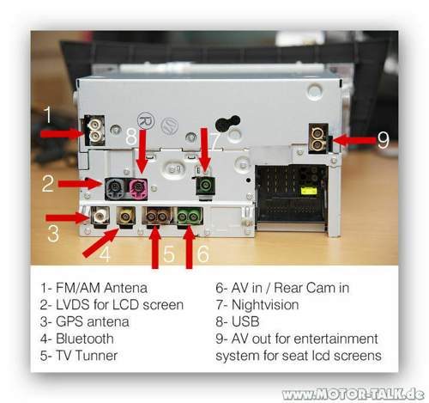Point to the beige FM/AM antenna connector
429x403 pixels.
click(93, 131)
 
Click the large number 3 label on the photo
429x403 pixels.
click(53, 233)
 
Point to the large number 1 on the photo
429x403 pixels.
click(50, 112)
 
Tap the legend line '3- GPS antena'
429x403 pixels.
click(87, 321)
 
